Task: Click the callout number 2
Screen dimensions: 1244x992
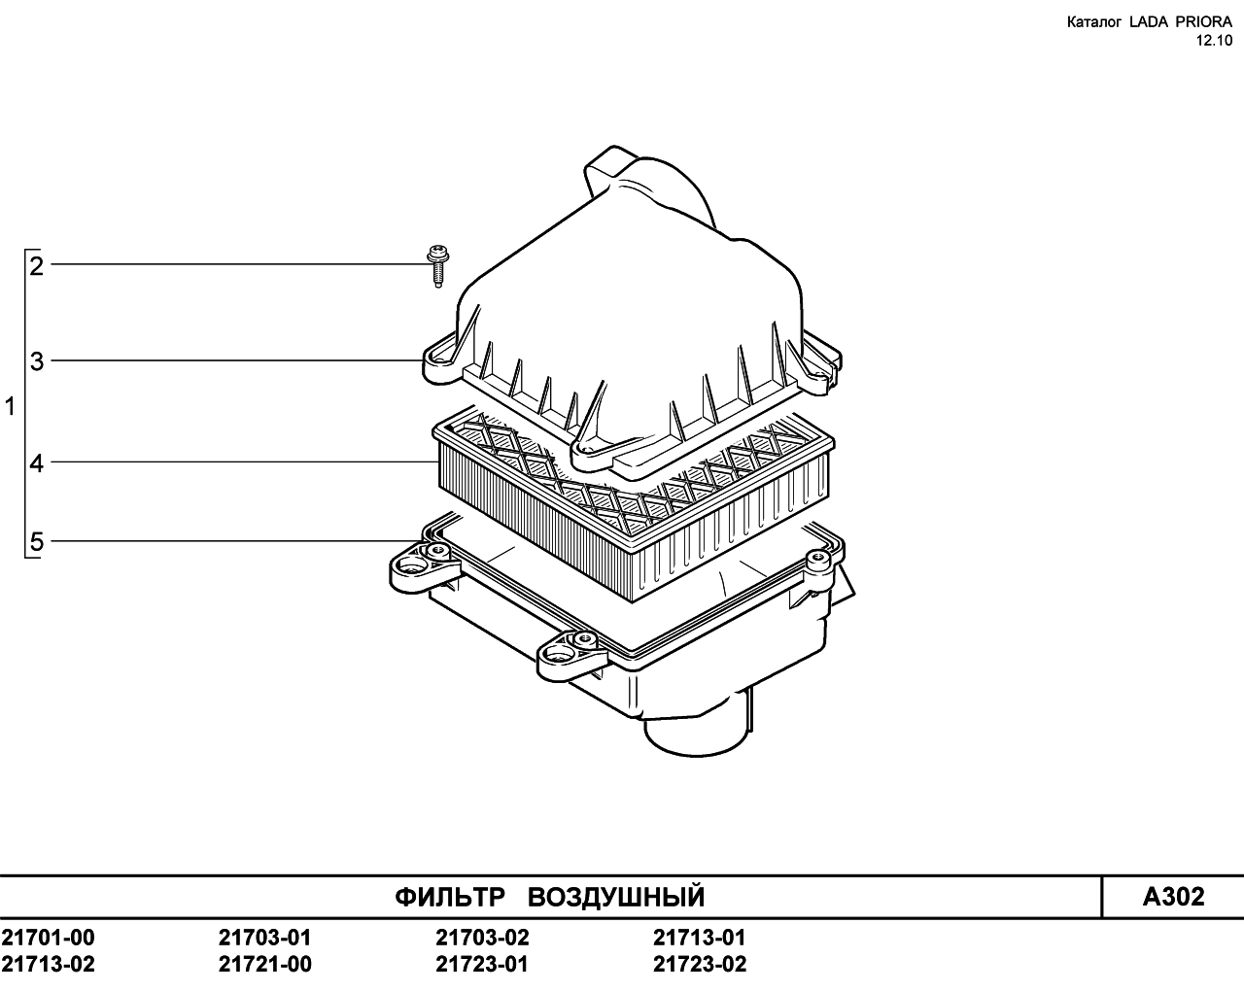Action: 36,266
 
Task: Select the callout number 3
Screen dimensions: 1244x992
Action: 36,361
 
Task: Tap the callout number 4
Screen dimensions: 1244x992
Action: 36,463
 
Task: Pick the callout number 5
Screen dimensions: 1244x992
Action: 36,542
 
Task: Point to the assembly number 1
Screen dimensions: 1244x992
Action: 10,407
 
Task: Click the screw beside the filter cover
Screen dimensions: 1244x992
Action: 437,265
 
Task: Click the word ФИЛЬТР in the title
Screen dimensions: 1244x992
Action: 450,897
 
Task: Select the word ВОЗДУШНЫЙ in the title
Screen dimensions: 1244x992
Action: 616,897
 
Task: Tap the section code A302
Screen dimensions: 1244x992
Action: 1173,897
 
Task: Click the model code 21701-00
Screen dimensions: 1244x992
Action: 48,937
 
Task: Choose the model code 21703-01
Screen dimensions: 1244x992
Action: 264,937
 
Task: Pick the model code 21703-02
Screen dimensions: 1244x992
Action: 482,937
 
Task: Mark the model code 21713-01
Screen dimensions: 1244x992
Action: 700,937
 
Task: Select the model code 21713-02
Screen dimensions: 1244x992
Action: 48,964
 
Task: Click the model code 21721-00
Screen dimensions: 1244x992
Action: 264,964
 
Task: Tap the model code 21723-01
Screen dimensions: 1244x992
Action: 482,964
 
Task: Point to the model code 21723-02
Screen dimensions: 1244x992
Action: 700,964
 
